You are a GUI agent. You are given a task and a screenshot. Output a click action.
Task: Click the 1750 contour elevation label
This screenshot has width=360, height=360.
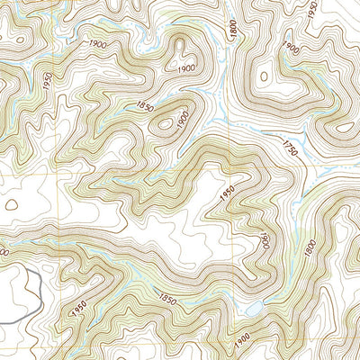(x=289, y=145)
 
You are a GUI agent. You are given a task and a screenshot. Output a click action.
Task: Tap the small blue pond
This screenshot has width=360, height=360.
(x=255, y=309)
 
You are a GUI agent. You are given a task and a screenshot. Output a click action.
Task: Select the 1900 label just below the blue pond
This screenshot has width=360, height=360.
(x=242, y=341)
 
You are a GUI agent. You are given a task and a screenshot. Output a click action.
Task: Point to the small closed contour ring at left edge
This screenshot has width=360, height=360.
(x=11, y=205)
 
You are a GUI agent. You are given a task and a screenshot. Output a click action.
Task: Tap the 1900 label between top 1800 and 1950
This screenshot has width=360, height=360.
(x=289, y=48)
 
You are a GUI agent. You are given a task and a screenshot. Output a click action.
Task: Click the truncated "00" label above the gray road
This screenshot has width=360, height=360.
(x=4, y=255)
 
